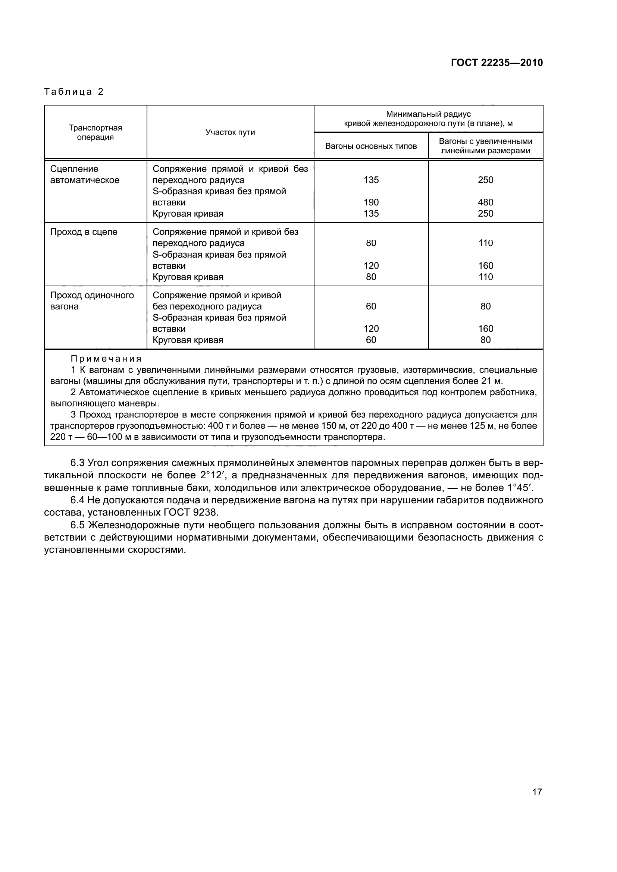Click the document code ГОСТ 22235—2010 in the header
[x=497, y=63]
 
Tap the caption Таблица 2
[x=74, y=92]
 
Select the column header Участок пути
[x=230, y=133]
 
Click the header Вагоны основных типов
[x=371, y=146]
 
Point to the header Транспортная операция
[x=95, y=133]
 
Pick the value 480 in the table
[x=486, y=202]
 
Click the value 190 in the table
[x=371, y=202]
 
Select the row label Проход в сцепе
[x=84, y=232]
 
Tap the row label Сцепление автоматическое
[x=84, y=175]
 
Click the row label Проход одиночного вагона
[x=91, y=301]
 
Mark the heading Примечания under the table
[x=106, y=359]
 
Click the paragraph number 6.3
[x=78, y=463]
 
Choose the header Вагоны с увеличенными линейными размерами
[x=486, y=146]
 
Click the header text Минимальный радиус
[x=428, y=114]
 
